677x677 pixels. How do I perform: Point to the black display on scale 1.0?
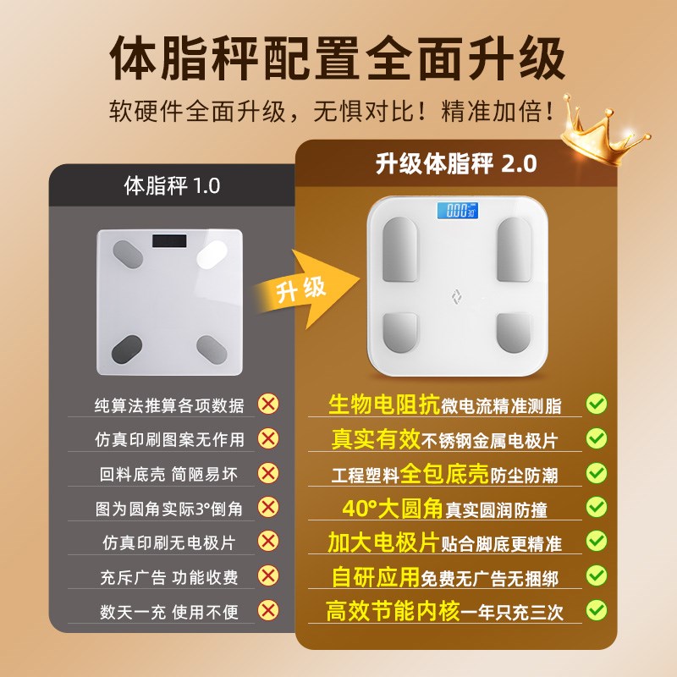(170, 240)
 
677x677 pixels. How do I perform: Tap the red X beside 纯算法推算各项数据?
(268, 405)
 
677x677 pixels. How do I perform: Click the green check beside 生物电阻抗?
(597, 404)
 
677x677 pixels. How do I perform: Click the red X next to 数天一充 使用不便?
(268, 609)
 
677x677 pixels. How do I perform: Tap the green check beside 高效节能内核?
(597, 608)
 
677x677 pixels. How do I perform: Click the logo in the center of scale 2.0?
(454, 295)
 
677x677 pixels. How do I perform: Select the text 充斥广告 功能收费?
(168, 577)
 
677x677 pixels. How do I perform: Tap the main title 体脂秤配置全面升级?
(338, 59)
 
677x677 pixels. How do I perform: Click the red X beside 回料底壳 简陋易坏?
(268, 473)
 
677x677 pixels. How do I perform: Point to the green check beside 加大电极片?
(597, 541)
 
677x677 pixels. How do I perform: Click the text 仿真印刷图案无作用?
(168, 440)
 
